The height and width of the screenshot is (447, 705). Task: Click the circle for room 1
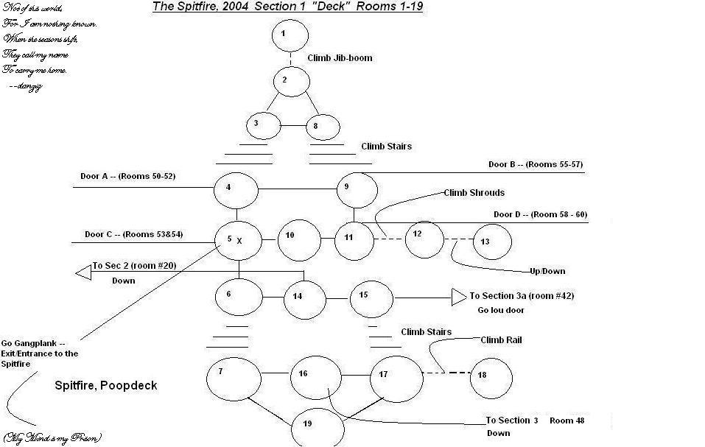[289, 35]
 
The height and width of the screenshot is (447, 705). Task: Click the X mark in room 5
[239, 241]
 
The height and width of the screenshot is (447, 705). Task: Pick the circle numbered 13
[491, 241]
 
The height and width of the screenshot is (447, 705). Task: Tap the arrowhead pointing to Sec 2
[83, 272]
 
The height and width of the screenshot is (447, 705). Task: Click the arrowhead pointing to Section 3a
[458, 298]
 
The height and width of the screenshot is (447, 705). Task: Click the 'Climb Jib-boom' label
[340, 57]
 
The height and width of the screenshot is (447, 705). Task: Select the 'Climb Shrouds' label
[474, 193]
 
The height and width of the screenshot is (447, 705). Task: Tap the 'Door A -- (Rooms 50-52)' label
[127, 176]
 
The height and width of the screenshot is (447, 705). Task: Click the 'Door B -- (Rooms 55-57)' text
[536, 164]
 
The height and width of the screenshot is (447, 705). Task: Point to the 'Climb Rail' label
[502, 340]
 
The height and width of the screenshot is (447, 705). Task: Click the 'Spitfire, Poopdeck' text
[106, 385]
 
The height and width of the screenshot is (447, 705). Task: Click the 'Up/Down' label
[547, 271]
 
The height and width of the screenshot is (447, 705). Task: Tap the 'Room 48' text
[567, 420]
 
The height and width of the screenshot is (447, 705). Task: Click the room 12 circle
[424, 239]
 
